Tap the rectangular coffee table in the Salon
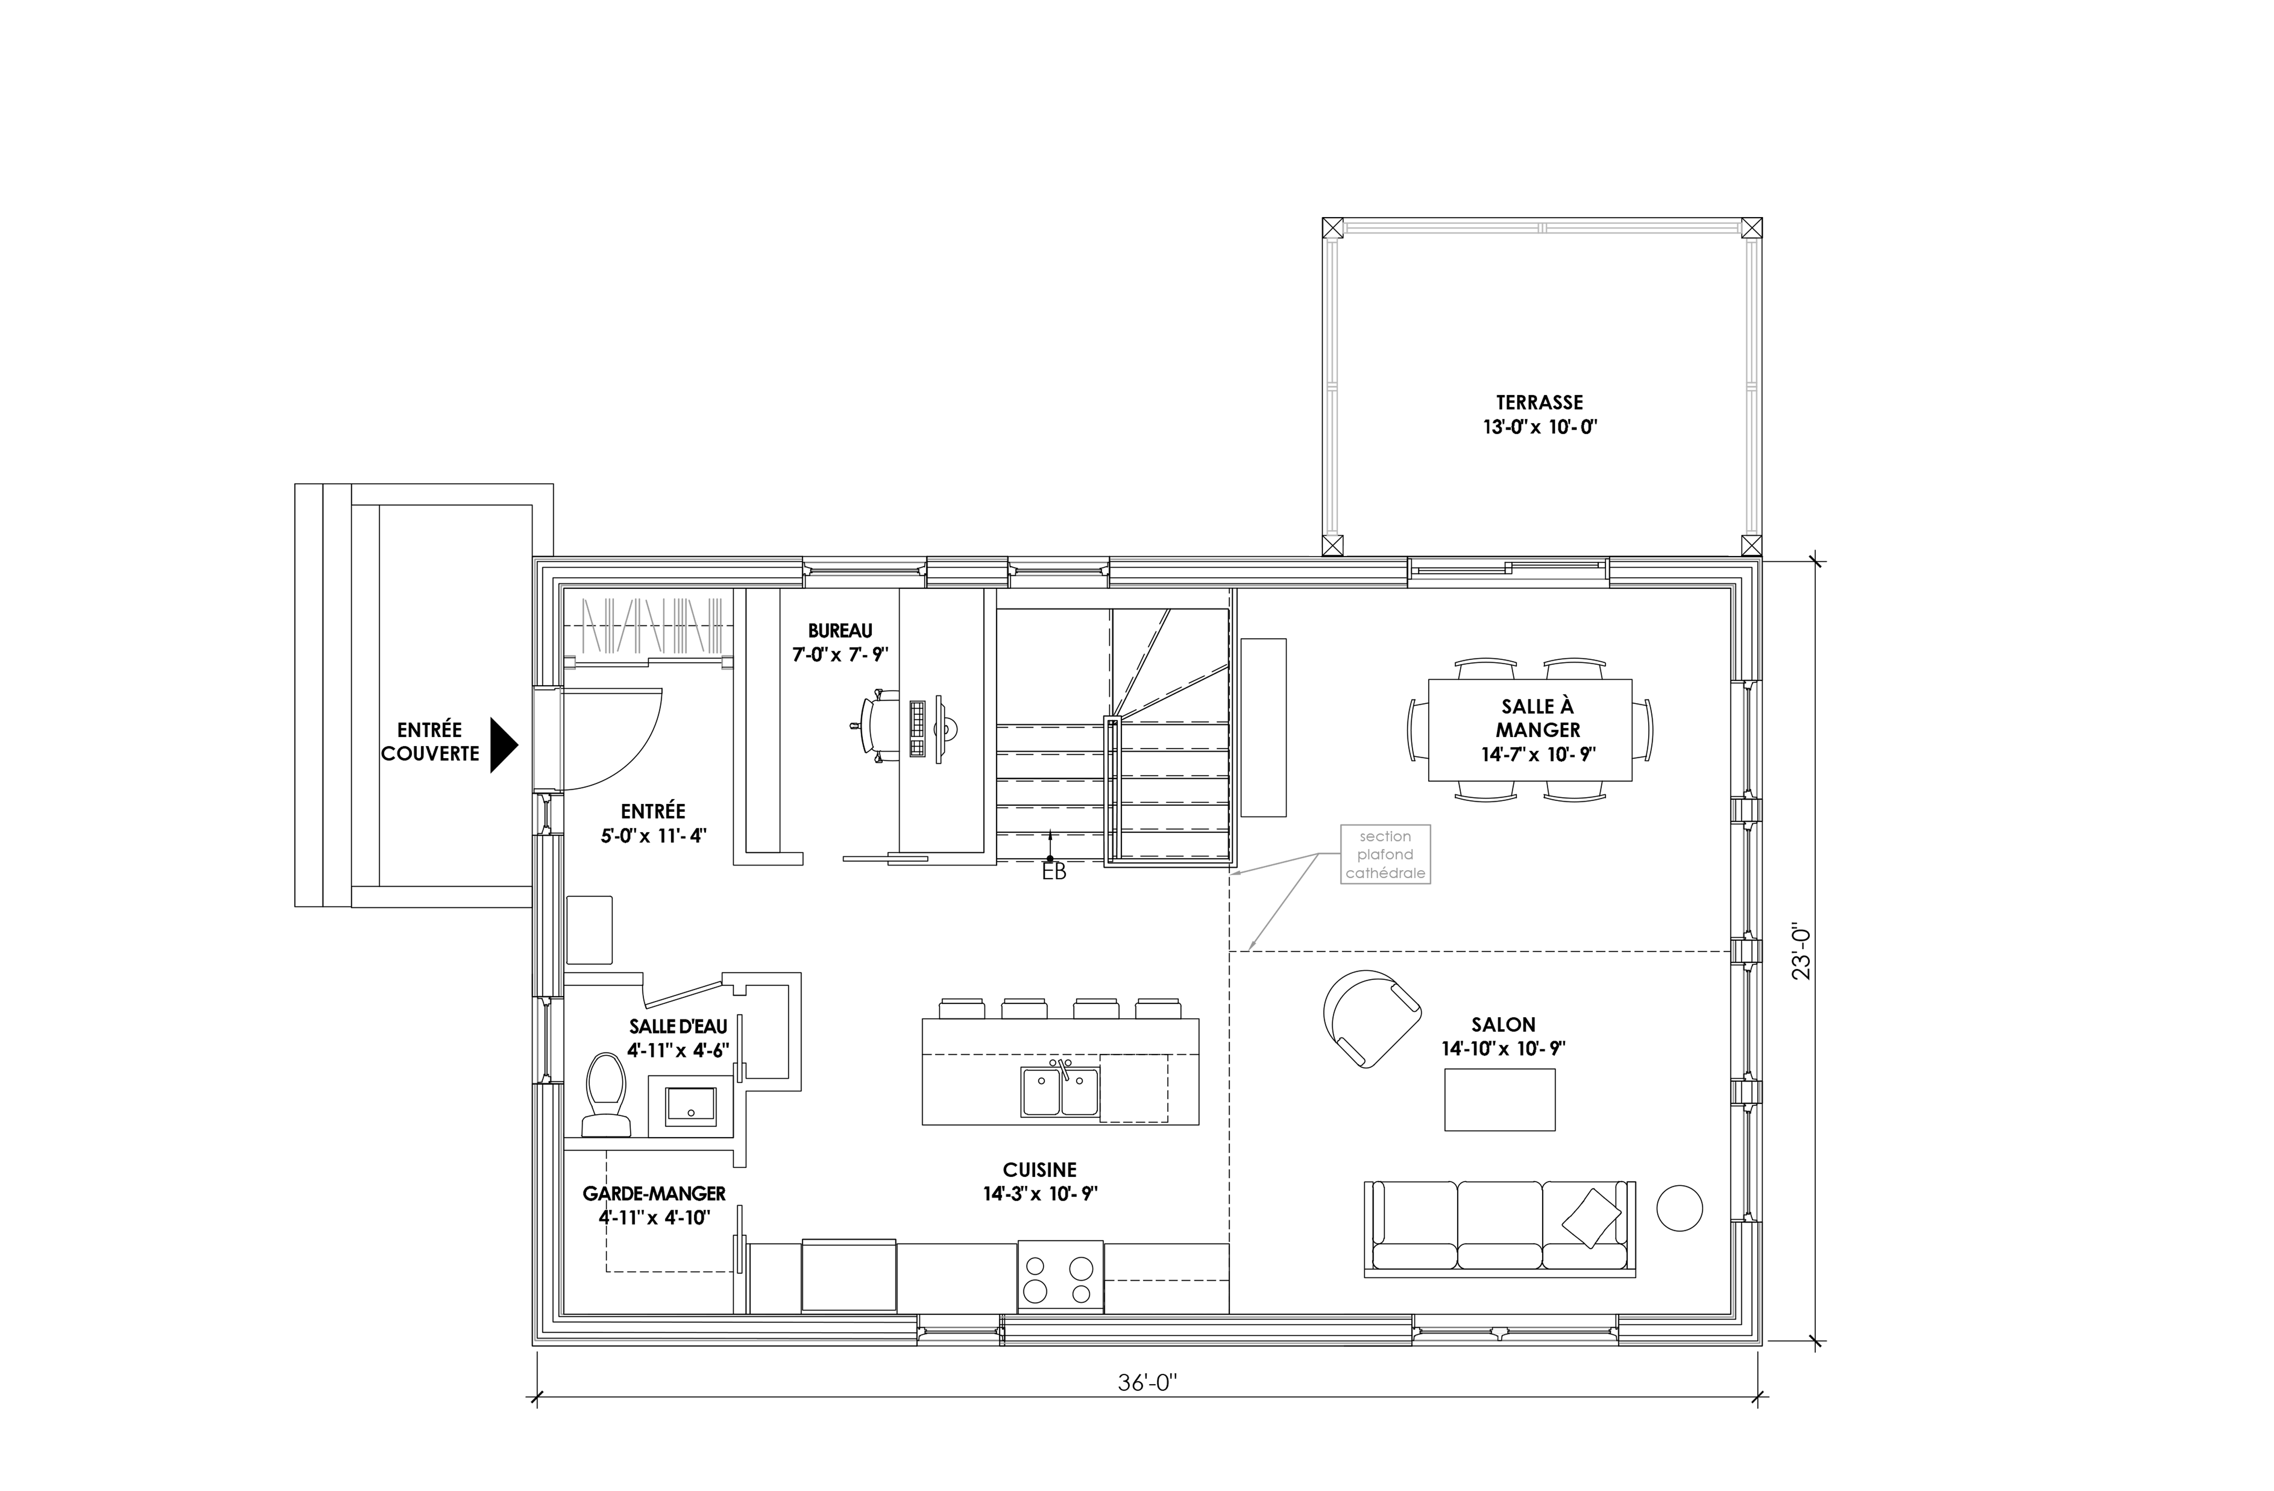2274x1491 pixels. point(1499,1099)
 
